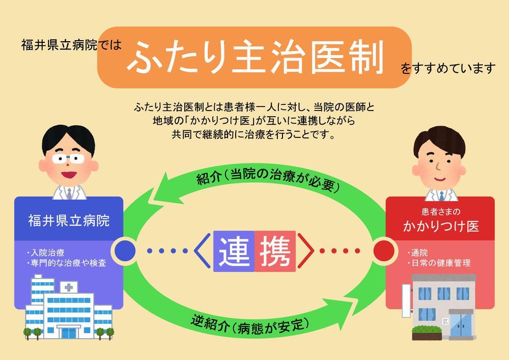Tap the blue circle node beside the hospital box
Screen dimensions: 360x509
coord(126,251)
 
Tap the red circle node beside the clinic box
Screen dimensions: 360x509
coord(383,251)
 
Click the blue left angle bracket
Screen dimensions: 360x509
coord(200,251)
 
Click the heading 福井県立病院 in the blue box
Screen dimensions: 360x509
coord(69,220)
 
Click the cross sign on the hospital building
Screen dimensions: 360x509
coord(67,287)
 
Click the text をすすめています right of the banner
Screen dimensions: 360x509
coord(448,68)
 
